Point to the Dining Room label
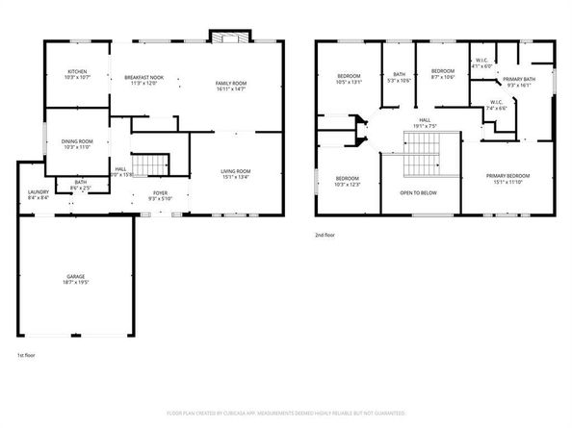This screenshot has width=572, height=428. click(x=76, y=144)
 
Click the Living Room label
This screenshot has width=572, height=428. click(x=236, y=174)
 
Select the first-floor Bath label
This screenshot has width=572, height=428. click(x=81, y=185)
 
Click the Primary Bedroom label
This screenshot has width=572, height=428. click(x=507, y=179)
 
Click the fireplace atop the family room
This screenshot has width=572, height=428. click(x=230, y=38)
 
